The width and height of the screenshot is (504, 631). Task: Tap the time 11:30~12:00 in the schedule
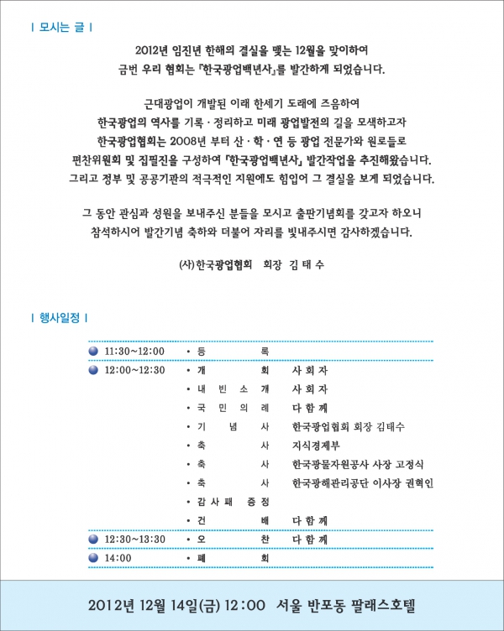[134, 351]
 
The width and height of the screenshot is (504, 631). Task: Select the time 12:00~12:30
[134, 370]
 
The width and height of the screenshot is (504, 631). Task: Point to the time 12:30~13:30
[134, 539]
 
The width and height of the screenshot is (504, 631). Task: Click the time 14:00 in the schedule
[118, 557]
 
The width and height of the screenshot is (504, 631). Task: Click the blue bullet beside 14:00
[93, 557]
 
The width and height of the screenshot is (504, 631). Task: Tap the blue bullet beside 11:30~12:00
[93, 351]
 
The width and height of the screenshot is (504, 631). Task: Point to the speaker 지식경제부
[313, 446]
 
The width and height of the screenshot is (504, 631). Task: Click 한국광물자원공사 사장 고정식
[358, 464]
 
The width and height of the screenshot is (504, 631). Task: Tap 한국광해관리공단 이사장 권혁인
[362, 482]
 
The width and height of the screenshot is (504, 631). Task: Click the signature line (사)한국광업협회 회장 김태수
[252, 263]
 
